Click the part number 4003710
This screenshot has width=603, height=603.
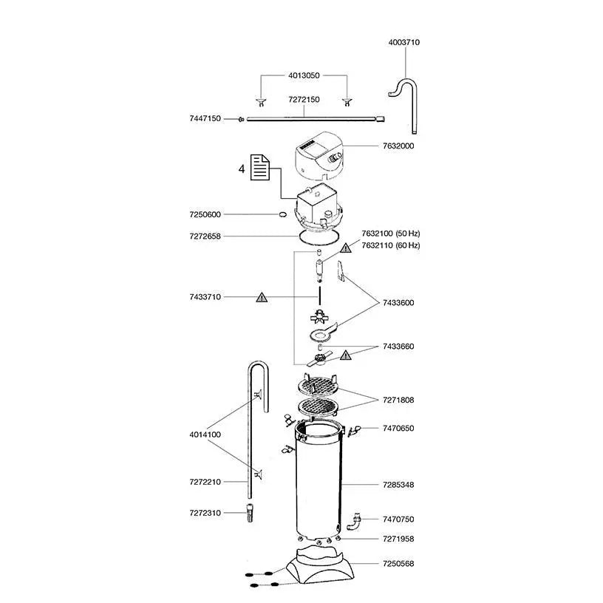[x=403, y=42]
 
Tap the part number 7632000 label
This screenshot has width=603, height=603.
[x=398, y=146]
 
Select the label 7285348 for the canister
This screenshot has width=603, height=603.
[x=398, y=485]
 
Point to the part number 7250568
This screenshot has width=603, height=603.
[x=398, y=564]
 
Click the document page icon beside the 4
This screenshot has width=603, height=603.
[x=259, y=167]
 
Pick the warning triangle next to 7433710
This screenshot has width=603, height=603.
[x=262, y=297]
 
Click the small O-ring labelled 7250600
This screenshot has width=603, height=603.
[x=282, y=214]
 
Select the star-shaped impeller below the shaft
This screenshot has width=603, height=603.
[x=318, y=317]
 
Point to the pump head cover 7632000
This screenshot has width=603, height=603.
[x=318, y=157]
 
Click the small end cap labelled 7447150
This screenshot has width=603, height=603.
[x=241, y=120]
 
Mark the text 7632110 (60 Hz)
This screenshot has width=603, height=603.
[x=391, y=245]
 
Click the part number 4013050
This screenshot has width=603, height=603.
[x=304, y=76]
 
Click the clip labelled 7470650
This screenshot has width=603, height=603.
[x=353, y=431]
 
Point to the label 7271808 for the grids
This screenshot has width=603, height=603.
[x=398, y=401]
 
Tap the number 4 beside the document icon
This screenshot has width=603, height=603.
[x=242, y=169]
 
